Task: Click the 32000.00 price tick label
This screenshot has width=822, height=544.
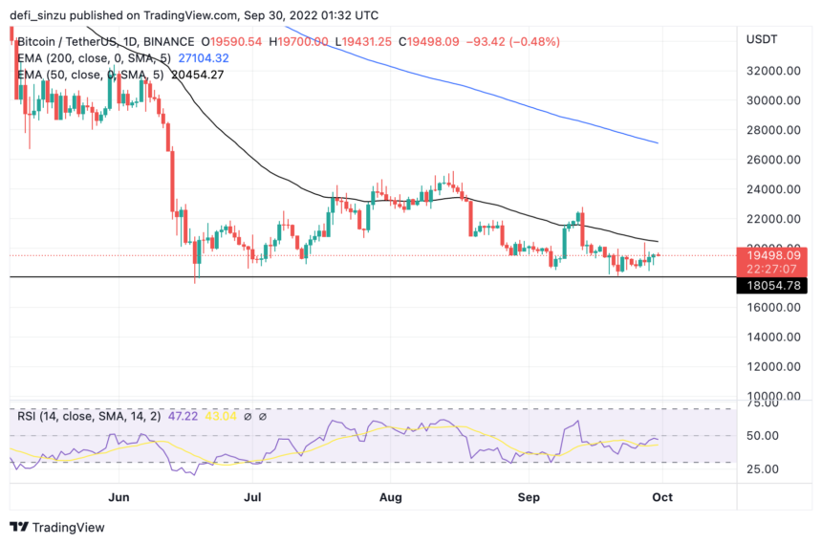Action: tap(773, 71)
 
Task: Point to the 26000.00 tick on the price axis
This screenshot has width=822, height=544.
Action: tap(773, 160)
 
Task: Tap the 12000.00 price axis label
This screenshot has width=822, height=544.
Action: tap(773, 366)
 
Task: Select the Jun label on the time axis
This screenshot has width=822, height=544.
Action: tap(119, 497)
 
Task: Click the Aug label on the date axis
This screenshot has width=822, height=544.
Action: tap(390, 497)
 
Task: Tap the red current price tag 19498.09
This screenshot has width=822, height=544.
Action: tap(772, 255)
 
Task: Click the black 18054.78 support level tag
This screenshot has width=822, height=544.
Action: tap(772, 285)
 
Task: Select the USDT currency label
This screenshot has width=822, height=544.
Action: tap(762, 39)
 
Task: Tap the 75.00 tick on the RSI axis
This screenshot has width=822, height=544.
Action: tap(762, 403)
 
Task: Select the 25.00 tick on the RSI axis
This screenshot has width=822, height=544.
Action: tap(762, 468)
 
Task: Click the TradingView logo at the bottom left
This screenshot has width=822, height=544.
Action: tap(57, 527)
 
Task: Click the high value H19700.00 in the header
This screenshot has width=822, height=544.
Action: tap(298, 42)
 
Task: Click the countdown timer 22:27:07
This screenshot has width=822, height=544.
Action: tap(772, 269)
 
